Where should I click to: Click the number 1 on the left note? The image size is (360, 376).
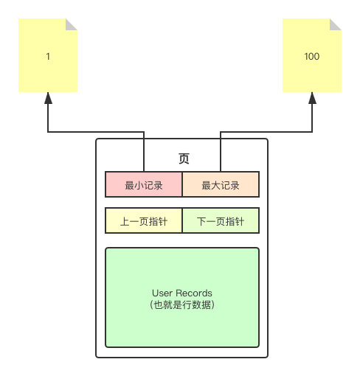point(48,57)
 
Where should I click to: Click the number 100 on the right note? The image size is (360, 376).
point(312,57)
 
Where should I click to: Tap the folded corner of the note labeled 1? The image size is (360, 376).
point(72,24)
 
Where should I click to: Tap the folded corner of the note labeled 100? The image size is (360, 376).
point(336,24)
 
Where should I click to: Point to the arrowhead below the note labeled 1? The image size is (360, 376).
point(48,98)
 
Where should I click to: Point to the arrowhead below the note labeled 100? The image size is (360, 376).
point(312,98)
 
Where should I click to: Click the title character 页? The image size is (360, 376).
point(184,159)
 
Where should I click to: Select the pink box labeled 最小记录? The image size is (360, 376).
point(144,184)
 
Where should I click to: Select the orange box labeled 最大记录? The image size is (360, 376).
point(221,184)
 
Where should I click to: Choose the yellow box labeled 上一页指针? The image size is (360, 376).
point(144,220)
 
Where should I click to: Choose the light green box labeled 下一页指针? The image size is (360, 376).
point(221,220)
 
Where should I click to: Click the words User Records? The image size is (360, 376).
point(182,293)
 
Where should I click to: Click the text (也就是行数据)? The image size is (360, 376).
point(182,304)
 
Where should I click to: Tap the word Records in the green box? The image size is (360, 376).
point(194,293)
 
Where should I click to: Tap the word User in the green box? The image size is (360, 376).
point(162,293)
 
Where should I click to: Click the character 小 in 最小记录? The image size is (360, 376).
point(139,185)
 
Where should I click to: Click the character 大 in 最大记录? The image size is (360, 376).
point(216,185)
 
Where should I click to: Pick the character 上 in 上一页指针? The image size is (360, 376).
point(125,221)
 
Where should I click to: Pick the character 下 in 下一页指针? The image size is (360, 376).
point(201,221)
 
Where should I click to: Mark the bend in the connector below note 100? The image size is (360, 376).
point(312,132)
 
